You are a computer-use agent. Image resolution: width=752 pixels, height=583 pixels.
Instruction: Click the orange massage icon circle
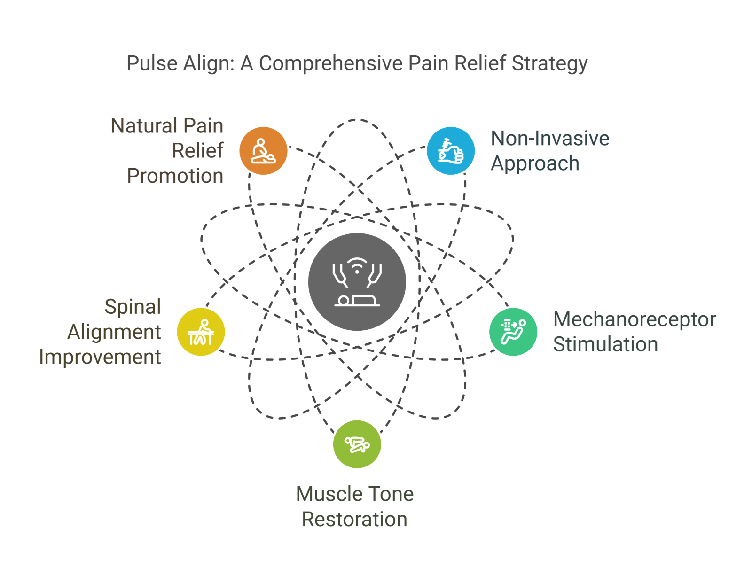(x=263, y=151)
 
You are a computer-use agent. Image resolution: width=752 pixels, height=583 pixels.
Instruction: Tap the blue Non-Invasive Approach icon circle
(x=450, y=151)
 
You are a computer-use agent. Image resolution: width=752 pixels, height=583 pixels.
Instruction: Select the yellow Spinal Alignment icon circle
(x=201, y=332)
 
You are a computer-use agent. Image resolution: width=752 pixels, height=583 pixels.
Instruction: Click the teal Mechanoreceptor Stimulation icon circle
(x=513, y=332)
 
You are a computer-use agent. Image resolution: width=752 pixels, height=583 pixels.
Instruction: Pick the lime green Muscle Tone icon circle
(x=357, y=444)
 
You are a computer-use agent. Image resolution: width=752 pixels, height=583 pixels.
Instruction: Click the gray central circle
(x=357, y=282)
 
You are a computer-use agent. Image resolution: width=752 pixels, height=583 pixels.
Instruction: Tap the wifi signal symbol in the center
(x=357, y=265)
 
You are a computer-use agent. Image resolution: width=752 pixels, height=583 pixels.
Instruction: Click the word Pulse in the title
(x=152, y=63)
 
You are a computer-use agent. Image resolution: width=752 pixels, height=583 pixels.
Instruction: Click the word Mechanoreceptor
(x=634, y=320)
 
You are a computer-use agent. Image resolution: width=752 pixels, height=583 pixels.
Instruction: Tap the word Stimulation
(x=605, y=344)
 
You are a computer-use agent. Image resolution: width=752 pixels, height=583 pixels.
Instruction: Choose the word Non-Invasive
(x=550, y=138)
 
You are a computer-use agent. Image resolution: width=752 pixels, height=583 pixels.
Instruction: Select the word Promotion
(x=175, y=176)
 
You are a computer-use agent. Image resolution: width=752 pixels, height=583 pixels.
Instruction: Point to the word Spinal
(x=133, y=307)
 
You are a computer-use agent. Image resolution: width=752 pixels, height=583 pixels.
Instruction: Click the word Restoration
(x=354, y=519)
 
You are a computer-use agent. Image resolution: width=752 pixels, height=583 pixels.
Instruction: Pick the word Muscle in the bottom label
(x=324, y=494)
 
